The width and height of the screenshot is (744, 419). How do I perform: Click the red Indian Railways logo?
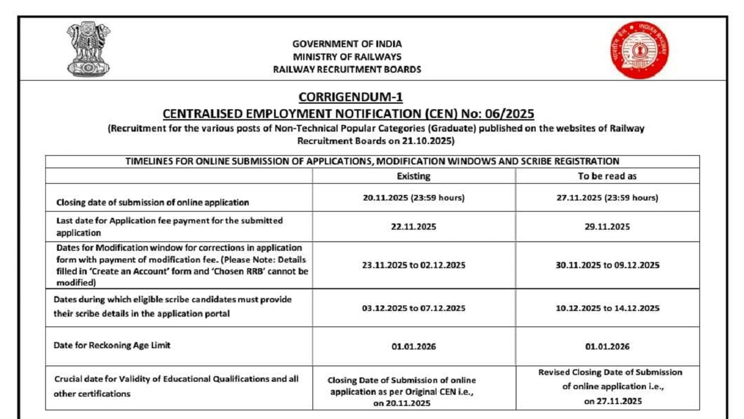(639, 50)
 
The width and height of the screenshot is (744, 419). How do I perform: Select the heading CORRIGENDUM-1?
(351, 97)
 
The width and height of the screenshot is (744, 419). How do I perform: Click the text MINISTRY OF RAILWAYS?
(347, 56)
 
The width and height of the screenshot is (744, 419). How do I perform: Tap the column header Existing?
(414, 176)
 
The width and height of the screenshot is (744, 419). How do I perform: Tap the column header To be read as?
(607, 176)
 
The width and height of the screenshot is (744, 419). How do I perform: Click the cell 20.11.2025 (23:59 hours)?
(414, 198)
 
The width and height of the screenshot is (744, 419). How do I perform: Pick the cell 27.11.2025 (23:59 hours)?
(607, 198)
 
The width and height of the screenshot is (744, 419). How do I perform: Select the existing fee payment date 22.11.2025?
(414, 227)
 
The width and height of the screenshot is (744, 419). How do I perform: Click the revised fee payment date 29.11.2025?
(607, 227)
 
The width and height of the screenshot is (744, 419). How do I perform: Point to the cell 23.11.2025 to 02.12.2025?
(414, 265)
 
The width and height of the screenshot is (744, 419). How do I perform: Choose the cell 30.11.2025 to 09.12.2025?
(607, 265)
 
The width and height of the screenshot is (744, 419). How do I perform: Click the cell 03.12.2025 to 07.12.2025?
(414, 308)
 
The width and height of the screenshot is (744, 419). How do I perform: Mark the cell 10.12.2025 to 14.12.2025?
(607, 308)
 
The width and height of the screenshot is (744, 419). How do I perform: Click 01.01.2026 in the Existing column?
(414, 346)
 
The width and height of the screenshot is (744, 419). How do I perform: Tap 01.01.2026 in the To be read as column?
(607, 346)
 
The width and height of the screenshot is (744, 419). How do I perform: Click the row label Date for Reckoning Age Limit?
(113, 346)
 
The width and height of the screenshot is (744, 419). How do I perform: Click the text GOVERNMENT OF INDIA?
(347, 44)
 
